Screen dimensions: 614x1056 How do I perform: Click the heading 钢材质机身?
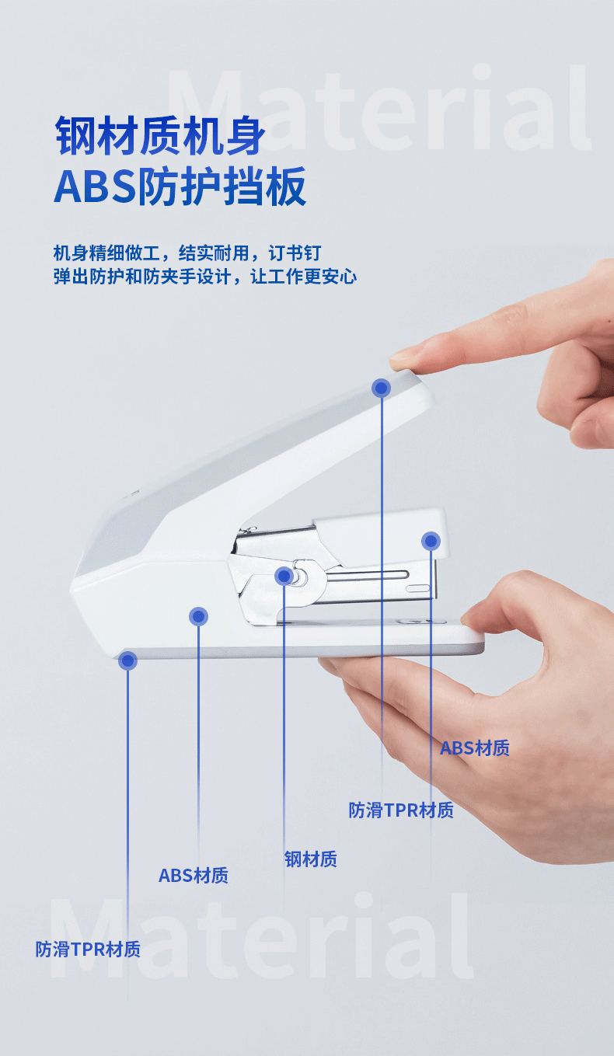(x=159, y=136)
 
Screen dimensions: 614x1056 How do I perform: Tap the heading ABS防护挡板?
(x=180, y=186)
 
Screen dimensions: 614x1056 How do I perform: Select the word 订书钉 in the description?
(x=295, y=253)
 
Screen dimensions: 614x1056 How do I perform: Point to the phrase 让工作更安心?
(x=303, y=277)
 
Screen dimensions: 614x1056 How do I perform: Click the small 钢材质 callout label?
(x=311, y=859)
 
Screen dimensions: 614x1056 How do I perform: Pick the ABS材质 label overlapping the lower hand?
(x=475, y=748)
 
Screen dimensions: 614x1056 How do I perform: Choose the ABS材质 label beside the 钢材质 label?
(x=194, y=876)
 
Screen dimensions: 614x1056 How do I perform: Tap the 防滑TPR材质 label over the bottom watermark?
(x=88, y=950)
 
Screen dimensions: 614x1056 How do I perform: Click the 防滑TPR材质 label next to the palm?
(x=401, y=810)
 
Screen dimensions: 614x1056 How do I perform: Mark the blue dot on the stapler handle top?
(x=381, y=388)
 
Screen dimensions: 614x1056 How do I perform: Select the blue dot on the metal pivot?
(x=284, y=576)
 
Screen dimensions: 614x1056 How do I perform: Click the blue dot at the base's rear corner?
(x=127, y=660)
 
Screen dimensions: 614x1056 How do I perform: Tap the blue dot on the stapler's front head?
(x=431, y=541)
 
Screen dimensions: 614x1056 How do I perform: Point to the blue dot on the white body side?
(x=198, y=616)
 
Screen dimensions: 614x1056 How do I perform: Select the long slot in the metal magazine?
(x=367, y=575)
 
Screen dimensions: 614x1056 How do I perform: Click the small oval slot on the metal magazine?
(x=418, y=588)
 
